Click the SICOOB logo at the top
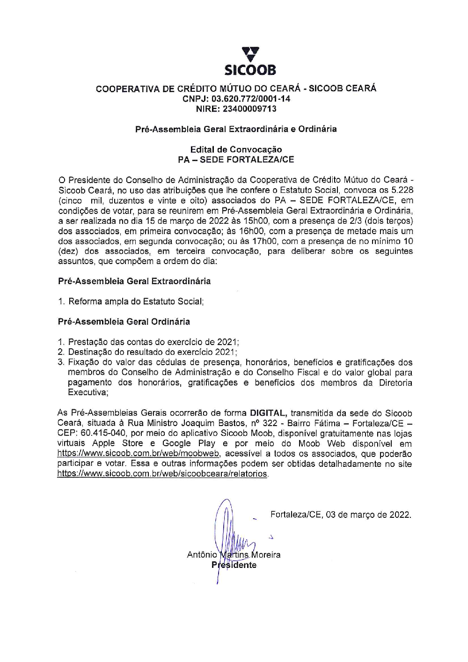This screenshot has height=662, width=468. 250,61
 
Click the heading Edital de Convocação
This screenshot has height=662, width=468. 236,149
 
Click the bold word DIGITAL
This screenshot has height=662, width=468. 268,413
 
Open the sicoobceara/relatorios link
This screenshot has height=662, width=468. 162,474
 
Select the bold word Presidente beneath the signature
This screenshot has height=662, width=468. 234,565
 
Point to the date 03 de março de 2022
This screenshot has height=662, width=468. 369,515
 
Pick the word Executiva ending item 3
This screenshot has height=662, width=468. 88,393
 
